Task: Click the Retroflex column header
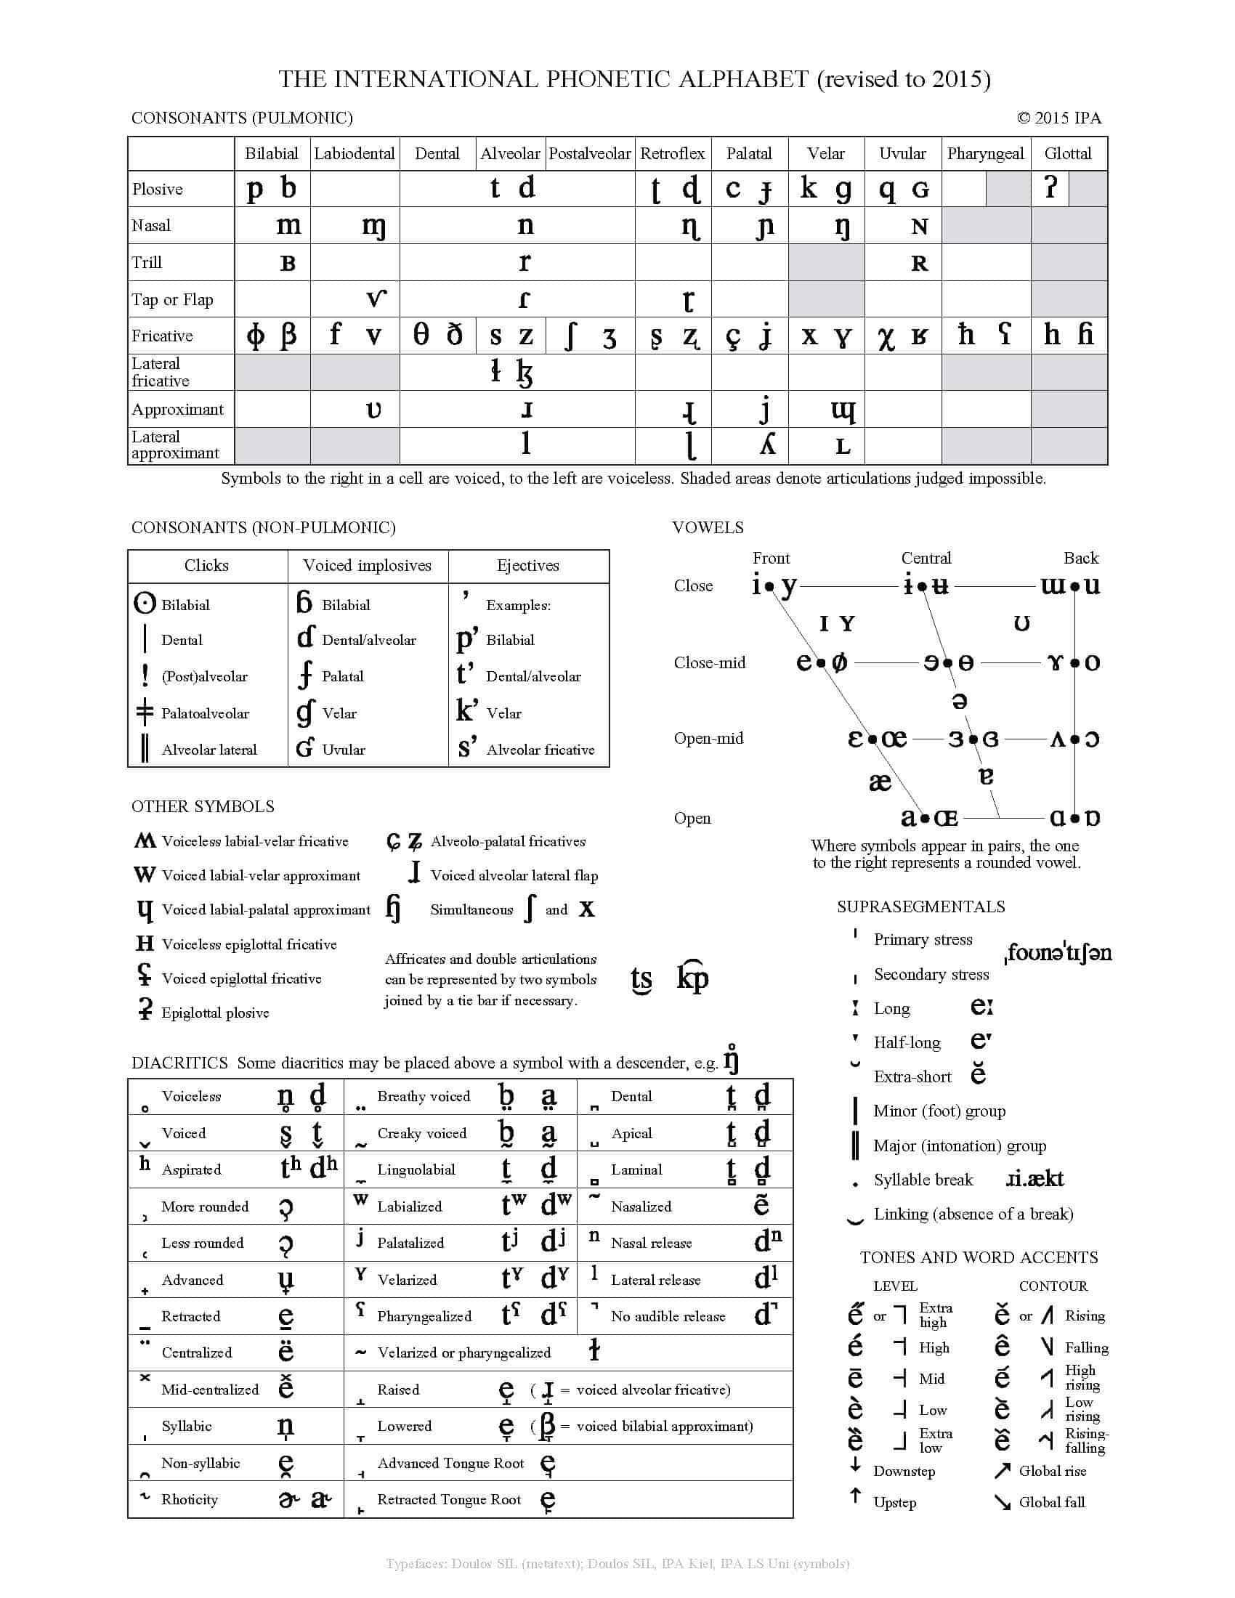point(673,154)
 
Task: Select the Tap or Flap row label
point(173,300)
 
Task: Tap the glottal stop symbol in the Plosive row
point(1050,188)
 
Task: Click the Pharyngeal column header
point(986,154)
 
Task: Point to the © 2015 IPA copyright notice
point(1058,118)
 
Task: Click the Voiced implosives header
point(368,566)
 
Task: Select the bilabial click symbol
point(145,604)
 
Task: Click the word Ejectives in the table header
point(527,566)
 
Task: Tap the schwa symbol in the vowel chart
point(960,701)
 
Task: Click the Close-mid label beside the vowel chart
point(710,663)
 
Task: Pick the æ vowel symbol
point(880,782)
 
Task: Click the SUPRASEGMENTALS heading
point(921,907)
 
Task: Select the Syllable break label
point(923,1180)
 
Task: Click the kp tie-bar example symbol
point(692,978)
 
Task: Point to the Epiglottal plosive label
point(215,1013)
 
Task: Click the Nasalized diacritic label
point(641,1206)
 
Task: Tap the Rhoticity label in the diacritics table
point(190,1500)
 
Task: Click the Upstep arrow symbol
point(855,1497)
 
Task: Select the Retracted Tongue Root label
point(448,1500)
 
